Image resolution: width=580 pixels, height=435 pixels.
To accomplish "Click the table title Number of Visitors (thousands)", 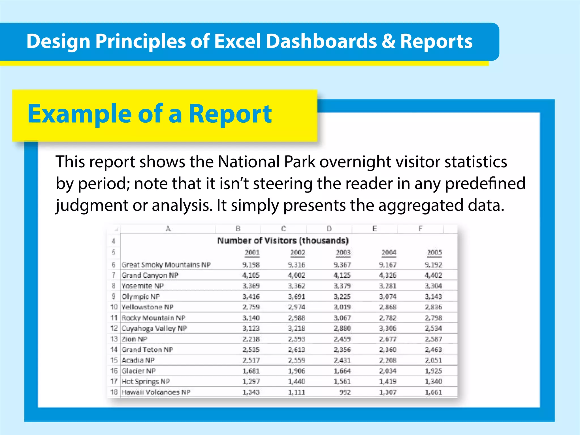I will coord(283,241).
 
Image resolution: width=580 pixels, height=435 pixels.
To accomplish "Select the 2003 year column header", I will coord(343,252).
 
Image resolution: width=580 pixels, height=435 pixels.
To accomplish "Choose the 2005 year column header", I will coord(434,252).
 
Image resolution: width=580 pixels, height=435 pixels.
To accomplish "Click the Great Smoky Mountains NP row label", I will coord(166,265).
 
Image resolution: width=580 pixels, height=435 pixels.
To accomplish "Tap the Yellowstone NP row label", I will coord(148,307).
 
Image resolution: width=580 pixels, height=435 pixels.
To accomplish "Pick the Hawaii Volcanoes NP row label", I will coord(156,392).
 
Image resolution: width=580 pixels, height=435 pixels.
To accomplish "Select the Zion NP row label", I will coord(135,339).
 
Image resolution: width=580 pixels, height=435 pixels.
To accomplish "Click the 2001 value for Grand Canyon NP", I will coord(251,275).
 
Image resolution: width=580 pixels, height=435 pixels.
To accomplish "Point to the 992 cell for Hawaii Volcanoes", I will coord(345,392).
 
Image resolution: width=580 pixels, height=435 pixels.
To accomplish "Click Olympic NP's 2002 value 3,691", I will coord(297,297).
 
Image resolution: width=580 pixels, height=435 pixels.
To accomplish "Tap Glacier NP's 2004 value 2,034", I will coord(388,371).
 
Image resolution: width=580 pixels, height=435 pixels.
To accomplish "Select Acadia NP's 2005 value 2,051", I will coord(433,360).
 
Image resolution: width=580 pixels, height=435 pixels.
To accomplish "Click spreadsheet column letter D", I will coord(329,229).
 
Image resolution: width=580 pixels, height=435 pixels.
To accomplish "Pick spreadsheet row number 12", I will coord(114,329).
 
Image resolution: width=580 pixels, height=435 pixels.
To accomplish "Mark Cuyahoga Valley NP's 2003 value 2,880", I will coord(342,329).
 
